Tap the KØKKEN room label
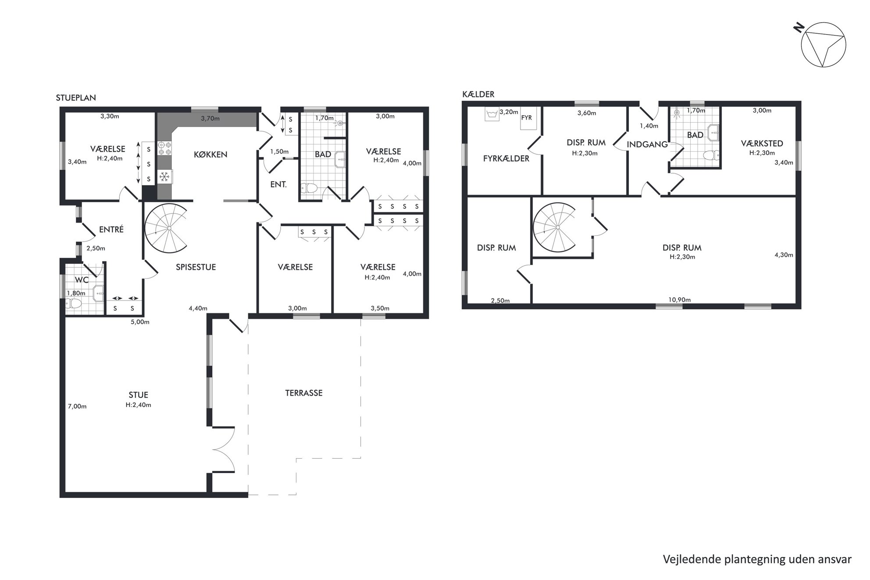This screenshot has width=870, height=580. point(210,154)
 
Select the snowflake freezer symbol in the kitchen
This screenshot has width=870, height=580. point(164,177)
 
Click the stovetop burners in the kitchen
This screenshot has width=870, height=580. point(164,148)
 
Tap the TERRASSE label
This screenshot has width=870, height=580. point(304,393)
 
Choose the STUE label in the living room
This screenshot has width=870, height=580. point(138,395)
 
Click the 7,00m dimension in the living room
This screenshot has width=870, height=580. point(77,406)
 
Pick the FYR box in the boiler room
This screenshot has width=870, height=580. point(527,118)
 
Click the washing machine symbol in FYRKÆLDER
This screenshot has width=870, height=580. point(492,114)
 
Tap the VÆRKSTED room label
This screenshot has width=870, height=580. point(762,143)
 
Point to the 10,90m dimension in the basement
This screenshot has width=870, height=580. point(679,300)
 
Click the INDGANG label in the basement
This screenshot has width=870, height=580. point(647,144)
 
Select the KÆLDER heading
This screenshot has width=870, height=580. point(478,94)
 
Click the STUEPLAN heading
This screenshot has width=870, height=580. point(76,98)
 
